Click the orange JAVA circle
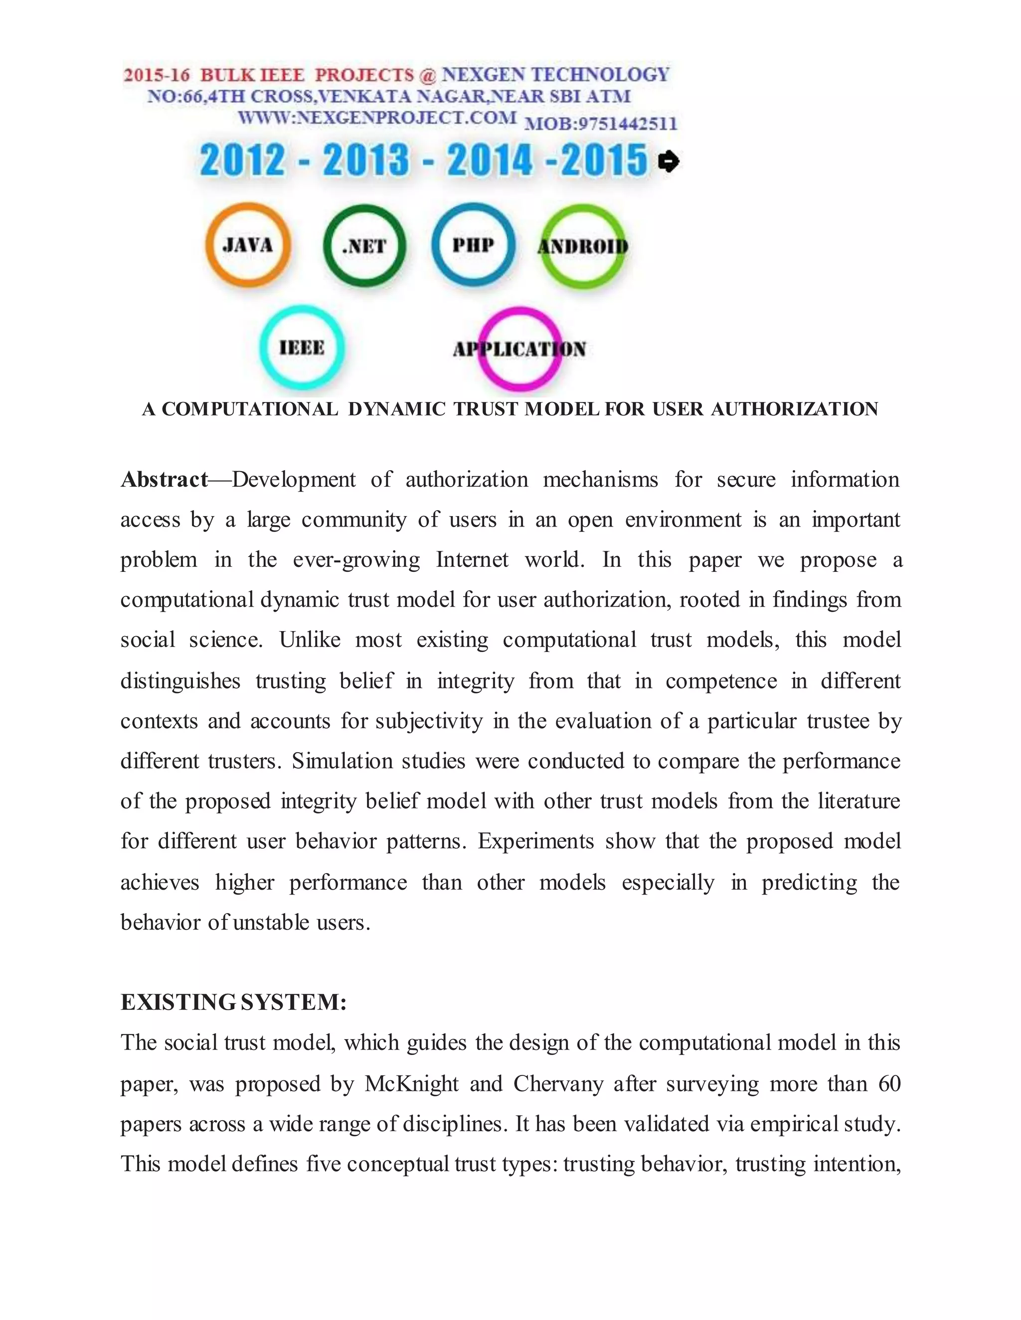point(248,246)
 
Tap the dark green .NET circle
point(364,246)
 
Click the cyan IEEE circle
point(302,348)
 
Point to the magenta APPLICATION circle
point(519,349)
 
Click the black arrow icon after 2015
point(669,161)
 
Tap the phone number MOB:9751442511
point(601,124)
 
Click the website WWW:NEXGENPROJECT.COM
point(377,117)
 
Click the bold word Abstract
point(164,479)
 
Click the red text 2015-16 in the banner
point(157,76)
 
